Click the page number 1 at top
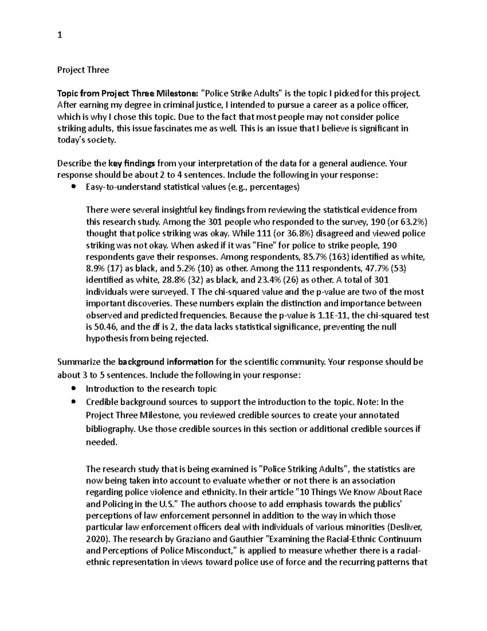(60, 35)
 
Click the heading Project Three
(83, 70)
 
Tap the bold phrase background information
(166, 362)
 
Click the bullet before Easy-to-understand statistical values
(73, 187)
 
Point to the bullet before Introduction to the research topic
(73, 389)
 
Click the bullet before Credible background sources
(73, 402)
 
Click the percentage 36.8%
(298, 234)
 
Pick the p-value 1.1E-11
(334, 315)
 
